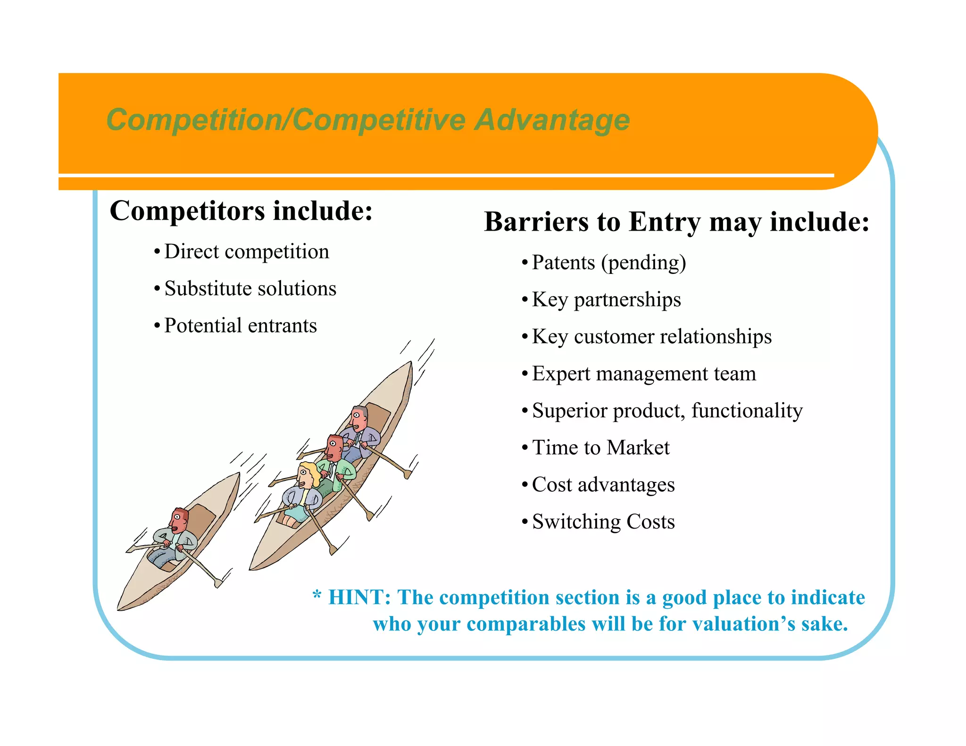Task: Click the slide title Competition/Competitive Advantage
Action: coord(368,120)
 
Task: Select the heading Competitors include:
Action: coord(241,210)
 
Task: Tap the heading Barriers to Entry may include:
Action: coord(676,222)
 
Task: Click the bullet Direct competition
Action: coord(246,251)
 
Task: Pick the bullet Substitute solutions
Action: coord(250,289)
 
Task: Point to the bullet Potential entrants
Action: coord(241,325)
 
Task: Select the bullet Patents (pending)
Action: coord(608,263)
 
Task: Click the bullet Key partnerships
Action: coord(606,299)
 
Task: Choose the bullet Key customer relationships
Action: coord(651,337)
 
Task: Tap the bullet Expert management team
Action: coord(644,373)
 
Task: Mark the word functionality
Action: coord(747,411)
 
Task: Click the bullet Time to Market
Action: coord(600,448)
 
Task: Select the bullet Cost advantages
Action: coord(603,485)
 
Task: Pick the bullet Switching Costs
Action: coord(603,522)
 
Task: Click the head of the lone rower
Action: coord(179,520)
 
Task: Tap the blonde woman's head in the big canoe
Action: coord(308,475)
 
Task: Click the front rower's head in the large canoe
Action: coord(359,417)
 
